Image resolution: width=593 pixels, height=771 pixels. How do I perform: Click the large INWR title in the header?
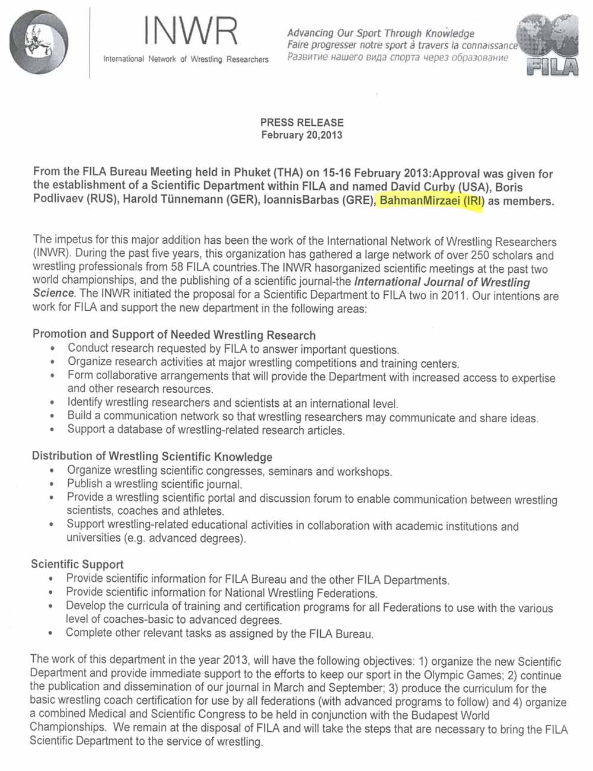click(190, 31)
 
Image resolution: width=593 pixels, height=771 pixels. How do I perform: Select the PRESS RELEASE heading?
click(302, 122)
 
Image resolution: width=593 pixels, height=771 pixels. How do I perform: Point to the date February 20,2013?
click(302, 135)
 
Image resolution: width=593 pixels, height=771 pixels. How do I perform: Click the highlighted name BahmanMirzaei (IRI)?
click(432, 200)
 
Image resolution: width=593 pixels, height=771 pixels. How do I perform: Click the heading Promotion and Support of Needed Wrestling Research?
click(174, 335)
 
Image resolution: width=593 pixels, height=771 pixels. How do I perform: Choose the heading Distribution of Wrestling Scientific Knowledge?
click(152, 457)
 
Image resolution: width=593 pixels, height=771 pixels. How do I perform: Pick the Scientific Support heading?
click(78, 564)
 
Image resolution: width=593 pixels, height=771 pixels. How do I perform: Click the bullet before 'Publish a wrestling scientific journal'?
click(55, 486)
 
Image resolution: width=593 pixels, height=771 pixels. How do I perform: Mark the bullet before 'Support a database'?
click(55, 431)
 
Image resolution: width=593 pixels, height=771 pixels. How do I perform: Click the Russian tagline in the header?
click(397, 58)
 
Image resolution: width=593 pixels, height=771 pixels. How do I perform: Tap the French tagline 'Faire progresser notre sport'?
click(402, 45)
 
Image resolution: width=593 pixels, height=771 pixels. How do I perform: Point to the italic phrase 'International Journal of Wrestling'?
click(442, 282)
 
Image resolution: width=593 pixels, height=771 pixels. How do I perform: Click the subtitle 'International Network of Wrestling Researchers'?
click(186, 59)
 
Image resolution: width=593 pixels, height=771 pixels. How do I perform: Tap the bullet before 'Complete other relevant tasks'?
click(54, 635)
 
